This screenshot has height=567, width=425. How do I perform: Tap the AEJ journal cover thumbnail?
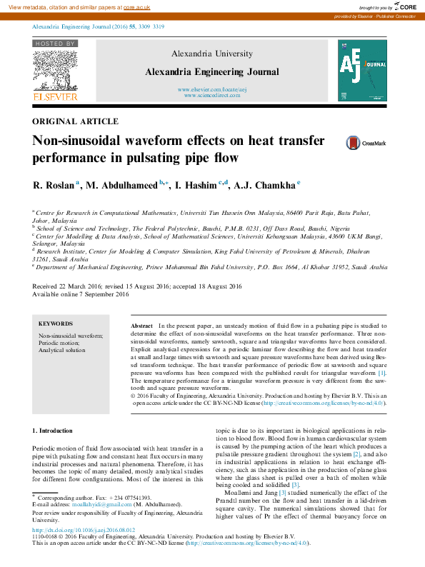tap(362, 70)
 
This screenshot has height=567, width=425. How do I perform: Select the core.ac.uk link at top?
tap(136, 6)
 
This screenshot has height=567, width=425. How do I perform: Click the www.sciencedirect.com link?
tap(212, 95)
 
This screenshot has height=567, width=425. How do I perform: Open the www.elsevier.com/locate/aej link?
tap(212, 89)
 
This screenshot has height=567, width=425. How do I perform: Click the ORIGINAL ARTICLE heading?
tap(76, 121)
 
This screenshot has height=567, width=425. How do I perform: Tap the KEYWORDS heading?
tap(56, 323)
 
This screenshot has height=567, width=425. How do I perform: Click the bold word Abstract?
tap(141, 325)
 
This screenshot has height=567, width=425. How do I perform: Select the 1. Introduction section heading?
tap(53, 431)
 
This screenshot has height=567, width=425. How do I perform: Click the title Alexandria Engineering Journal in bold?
tap(212, 72)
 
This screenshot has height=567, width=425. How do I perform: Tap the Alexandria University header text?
tap(212, 54)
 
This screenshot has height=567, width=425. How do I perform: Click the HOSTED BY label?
tap(54, 44)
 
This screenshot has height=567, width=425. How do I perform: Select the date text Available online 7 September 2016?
tap(81, 294)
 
